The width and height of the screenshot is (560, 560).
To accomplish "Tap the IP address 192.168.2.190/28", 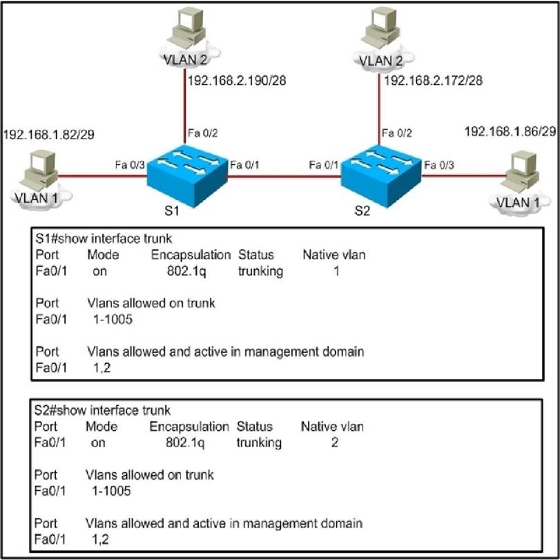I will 237,81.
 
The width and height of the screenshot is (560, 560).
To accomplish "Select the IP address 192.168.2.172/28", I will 432,81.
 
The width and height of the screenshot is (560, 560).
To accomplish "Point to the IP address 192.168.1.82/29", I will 48,133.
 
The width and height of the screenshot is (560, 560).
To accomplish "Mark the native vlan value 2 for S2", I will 334,443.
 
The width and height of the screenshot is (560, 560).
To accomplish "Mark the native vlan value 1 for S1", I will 336,271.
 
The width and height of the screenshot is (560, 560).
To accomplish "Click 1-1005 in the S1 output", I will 113,320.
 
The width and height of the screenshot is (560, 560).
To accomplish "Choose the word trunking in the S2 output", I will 259,443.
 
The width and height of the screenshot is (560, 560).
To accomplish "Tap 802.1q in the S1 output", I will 185,271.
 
